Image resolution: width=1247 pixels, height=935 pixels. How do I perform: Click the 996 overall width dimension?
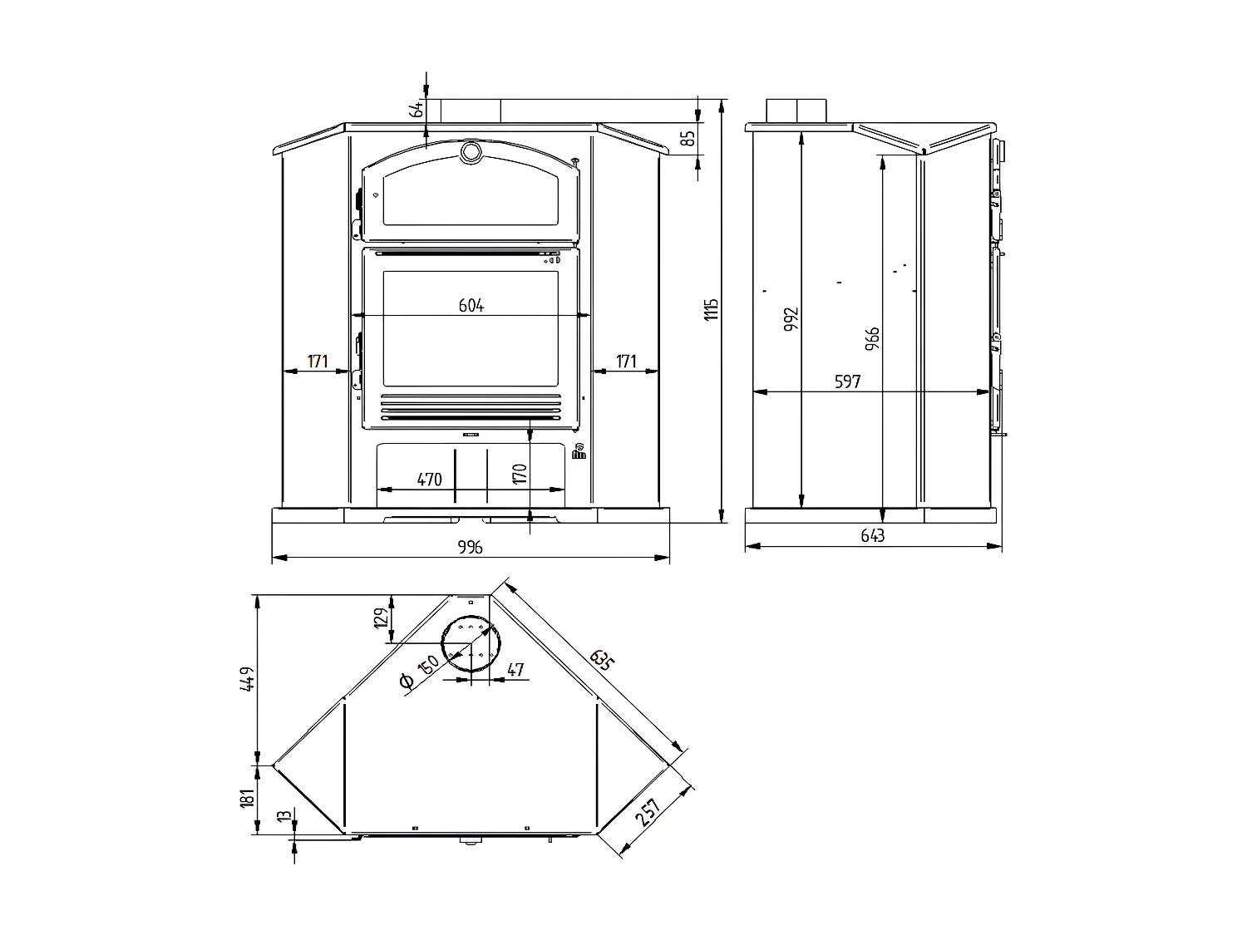click(x=470, y=547)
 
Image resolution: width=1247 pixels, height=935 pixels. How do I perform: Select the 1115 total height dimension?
click(x=711, y=310)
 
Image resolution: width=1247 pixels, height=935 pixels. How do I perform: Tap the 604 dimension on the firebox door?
click(x=471, y=305)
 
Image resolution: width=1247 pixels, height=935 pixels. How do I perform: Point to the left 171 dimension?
click(x=318, y=362)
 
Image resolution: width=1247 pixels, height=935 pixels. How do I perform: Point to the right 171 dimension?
click(x=625, y=362)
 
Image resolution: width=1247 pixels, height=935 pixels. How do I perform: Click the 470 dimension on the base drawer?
click(x=429, y=480)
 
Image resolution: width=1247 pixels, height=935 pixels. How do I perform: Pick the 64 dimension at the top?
click(x=418, y=108)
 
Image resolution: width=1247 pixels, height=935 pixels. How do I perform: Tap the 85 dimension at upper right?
click(x=688, y=138)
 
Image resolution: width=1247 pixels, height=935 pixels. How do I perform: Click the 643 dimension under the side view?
click(x=873, y=536)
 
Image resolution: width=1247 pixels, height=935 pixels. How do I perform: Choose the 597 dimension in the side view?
click(x=847, y=382)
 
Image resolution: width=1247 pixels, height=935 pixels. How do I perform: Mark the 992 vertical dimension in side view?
click(x=791, y=320)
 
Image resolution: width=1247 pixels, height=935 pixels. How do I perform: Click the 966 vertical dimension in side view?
click(x=872, y=339)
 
